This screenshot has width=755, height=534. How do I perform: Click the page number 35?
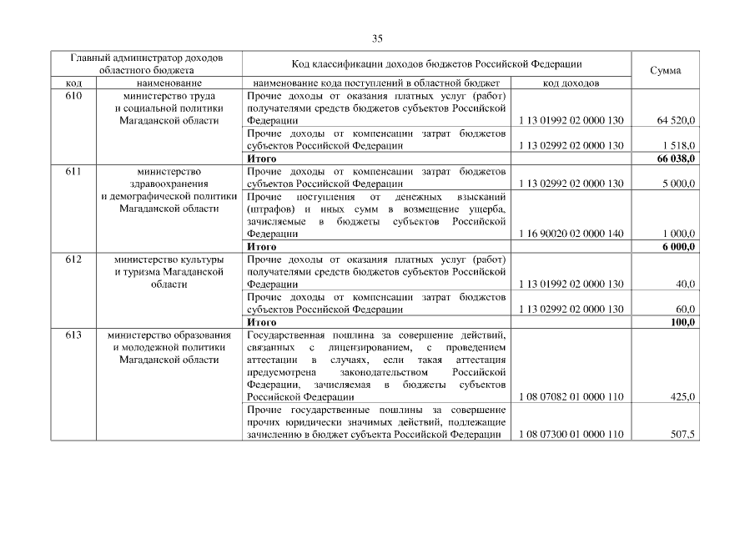click(x=377, y=38)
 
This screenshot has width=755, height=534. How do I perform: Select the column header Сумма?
click(x=665, y=70)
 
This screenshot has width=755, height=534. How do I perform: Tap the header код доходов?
click(x=570, y=83)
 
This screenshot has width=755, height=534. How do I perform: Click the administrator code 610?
click(x=73, y=96)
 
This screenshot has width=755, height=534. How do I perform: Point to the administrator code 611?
click(x=73, y=171)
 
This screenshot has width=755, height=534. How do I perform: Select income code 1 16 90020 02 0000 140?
click(x=571, y=234)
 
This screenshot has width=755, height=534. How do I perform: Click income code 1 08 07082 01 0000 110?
click(x=571, y=397)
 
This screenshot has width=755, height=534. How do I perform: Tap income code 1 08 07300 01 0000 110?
click(x=571, y=435)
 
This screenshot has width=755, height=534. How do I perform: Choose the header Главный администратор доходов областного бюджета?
click(x=147, y=64)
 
